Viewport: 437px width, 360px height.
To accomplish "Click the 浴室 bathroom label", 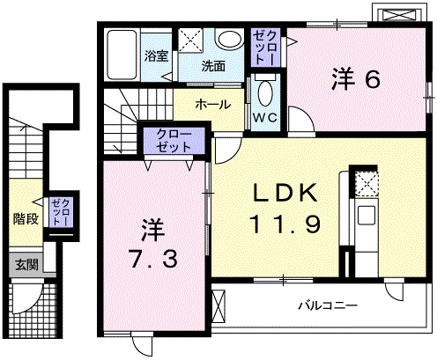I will tap(157, 55).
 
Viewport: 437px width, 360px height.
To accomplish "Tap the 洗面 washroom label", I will tap(212, 65).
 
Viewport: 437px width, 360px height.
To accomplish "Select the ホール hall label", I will tap(213, 104).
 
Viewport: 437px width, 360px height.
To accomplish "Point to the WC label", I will tap(265, 114).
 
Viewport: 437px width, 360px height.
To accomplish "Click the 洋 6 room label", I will tap(356, 80).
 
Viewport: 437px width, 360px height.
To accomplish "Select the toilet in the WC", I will tap(265, 91).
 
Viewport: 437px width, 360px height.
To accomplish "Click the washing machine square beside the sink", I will tap(191, 40).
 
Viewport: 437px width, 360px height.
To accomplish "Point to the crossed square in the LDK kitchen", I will tap(363, 182).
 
